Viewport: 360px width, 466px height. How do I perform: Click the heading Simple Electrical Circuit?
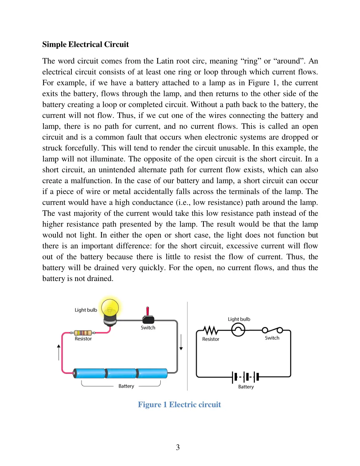click(x=85, y=44)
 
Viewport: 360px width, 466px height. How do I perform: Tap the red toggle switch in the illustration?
click(x=148, y=316)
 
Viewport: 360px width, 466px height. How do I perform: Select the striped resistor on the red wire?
click(x=83, y=333)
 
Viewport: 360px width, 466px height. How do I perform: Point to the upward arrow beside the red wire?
click(x=59, y=352)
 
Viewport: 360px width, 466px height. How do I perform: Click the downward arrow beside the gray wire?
click(x=181, y=342)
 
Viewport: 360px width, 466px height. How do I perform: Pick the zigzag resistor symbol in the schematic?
click(x=210, y=330)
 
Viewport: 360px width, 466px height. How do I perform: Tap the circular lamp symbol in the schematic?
click(x=238, y=330)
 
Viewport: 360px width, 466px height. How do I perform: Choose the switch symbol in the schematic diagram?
click(x=272, y=330)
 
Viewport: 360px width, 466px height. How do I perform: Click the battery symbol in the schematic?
click(x=246, y=377)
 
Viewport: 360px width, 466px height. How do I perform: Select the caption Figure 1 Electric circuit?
click(x=179, y=404)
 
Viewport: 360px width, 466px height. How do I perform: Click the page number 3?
click(x=178, y=447)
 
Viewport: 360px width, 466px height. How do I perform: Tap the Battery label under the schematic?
click(x=246, y=387)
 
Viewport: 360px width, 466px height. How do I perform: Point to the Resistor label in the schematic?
click(x=211, y=339)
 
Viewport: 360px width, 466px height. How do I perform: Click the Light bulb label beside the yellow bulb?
click(x=85, y=310)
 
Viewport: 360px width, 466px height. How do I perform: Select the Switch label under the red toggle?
click(x=148, y=327)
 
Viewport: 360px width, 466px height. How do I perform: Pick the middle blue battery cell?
click(x=120, y=373)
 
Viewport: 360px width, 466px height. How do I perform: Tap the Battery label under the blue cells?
click(x=126, y=386)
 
